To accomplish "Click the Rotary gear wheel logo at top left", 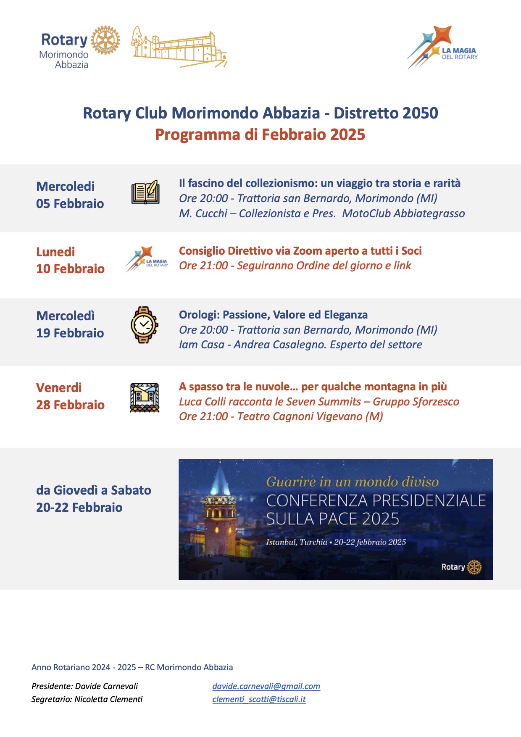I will coord(105,41).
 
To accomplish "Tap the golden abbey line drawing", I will coord(179,47).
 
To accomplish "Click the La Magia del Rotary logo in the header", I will coord(442,47).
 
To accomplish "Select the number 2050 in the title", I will coord(420,113).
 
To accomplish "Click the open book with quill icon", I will coord(145,192).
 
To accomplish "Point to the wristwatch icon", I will coord(144,325).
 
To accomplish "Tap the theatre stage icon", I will coord(145,397).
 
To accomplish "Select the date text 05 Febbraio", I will coord(70,204).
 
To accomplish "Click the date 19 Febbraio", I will coord(70,333).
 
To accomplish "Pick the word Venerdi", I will coord(59,387).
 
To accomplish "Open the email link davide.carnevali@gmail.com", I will coord(266,686).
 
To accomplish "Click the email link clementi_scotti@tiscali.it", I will coord(259,699).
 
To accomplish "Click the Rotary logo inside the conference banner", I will coord(461,567).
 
